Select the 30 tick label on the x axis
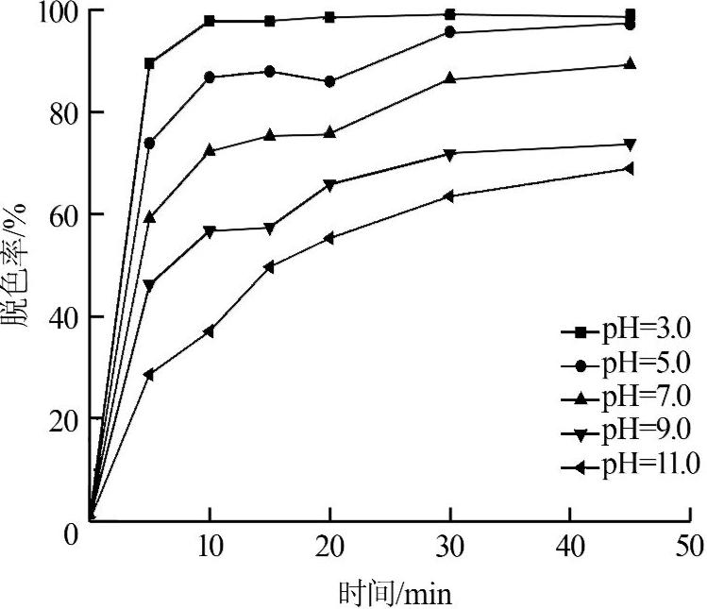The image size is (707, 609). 449,546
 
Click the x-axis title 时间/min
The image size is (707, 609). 396,594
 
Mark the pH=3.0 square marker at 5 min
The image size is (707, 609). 149,63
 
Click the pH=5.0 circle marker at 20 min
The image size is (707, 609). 329,81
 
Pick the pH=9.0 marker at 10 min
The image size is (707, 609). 209,230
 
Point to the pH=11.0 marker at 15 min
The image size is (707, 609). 269,267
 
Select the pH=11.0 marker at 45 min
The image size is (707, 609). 630,169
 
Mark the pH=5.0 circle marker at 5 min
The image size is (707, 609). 149,143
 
